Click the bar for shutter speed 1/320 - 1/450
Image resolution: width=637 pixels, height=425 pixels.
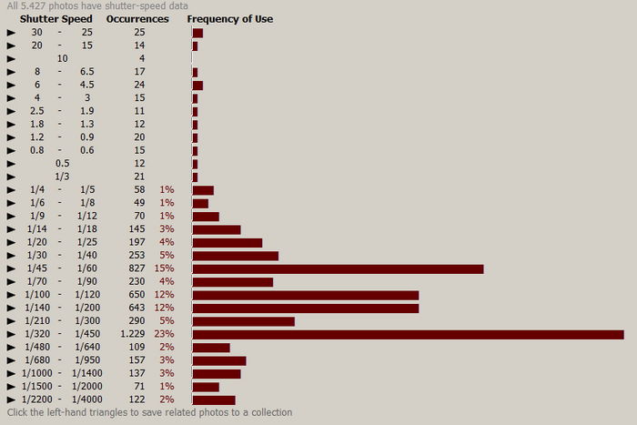[408, 334]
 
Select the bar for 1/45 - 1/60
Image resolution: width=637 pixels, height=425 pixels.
[338, 268]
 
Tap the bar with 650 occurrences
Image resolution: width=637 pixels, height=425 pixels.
[305, 295]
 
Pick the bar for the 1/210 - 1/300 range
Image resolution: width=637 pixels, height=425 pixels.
[243, 321]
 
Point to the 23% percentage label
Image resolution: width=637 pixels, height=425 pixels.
[166, 334]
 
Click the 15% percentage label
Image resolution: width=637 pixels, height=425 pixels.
[166, 268]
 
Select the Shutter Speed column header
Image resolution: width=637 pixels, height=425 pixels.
[56, 18]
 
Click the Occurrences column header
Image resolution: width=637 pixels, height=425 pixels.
[137, 18]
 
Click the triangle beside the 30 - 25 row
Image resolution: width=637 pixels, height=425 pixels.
[11, 33]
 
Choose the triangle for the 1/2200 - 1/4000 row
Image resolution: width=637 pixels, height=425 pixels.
[11, 400]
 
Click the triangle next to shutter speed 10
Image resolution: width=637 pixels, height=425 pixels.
[11, 58]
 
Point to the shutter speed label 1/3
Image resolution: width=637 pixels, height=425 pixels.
[62, 177]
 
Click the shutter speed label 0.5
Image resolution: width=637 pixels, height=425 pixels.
[62, 163]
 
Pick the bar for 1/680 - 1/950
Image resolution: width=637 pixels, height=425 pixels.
[218, 360]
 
